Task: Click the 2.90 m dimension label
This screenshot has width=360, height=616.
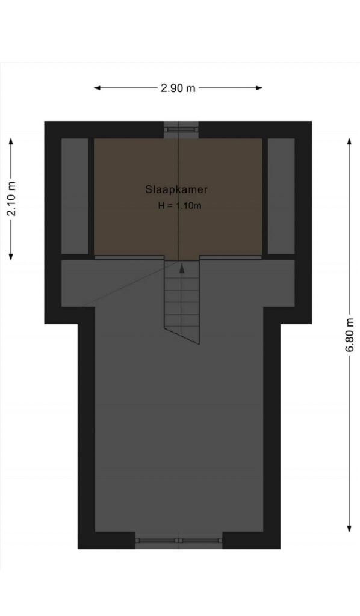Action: (178, 88)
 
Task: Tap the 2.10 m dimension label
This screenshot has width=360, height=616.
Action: (11, 199)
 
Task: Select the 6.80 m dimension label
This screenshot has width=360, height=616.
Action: (349, 334)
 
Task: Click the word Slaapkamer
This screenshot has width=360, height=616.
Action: (176, 189)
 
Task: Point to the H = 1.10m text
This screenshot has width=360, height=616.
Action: (179, 205)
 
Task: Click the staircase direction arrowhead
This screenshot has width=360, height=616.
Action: (182, 268)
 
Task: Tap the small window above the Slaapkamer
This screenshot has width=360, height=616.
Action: (179, 129)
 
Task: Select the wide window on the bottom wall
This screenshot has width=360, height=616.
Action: (179, 541)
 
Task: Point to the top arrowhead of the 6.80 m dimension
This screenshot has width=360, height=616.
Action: (349, 141)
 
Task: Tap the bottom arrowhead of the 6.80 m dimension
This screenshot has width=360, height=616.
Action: (349, 528)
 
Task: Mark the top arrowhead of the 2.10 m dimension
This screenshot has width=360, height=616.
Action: (11, 141)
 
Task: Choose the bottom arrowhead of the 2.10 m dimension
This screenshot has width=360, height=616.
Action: (11, 256)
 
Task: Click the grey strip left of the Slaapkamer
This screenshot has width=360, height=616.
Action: (75, 196)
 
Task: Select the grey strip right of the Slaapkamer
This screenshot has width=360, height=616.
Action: (281, 196)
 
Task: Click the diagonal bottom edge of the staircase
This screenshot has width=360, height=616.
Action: (182, 336)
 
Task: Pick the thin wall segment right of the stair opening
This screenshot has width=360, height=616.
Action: (231, 257)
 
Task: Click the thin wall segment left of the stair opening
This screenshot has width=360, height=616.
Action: (129, 257)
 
